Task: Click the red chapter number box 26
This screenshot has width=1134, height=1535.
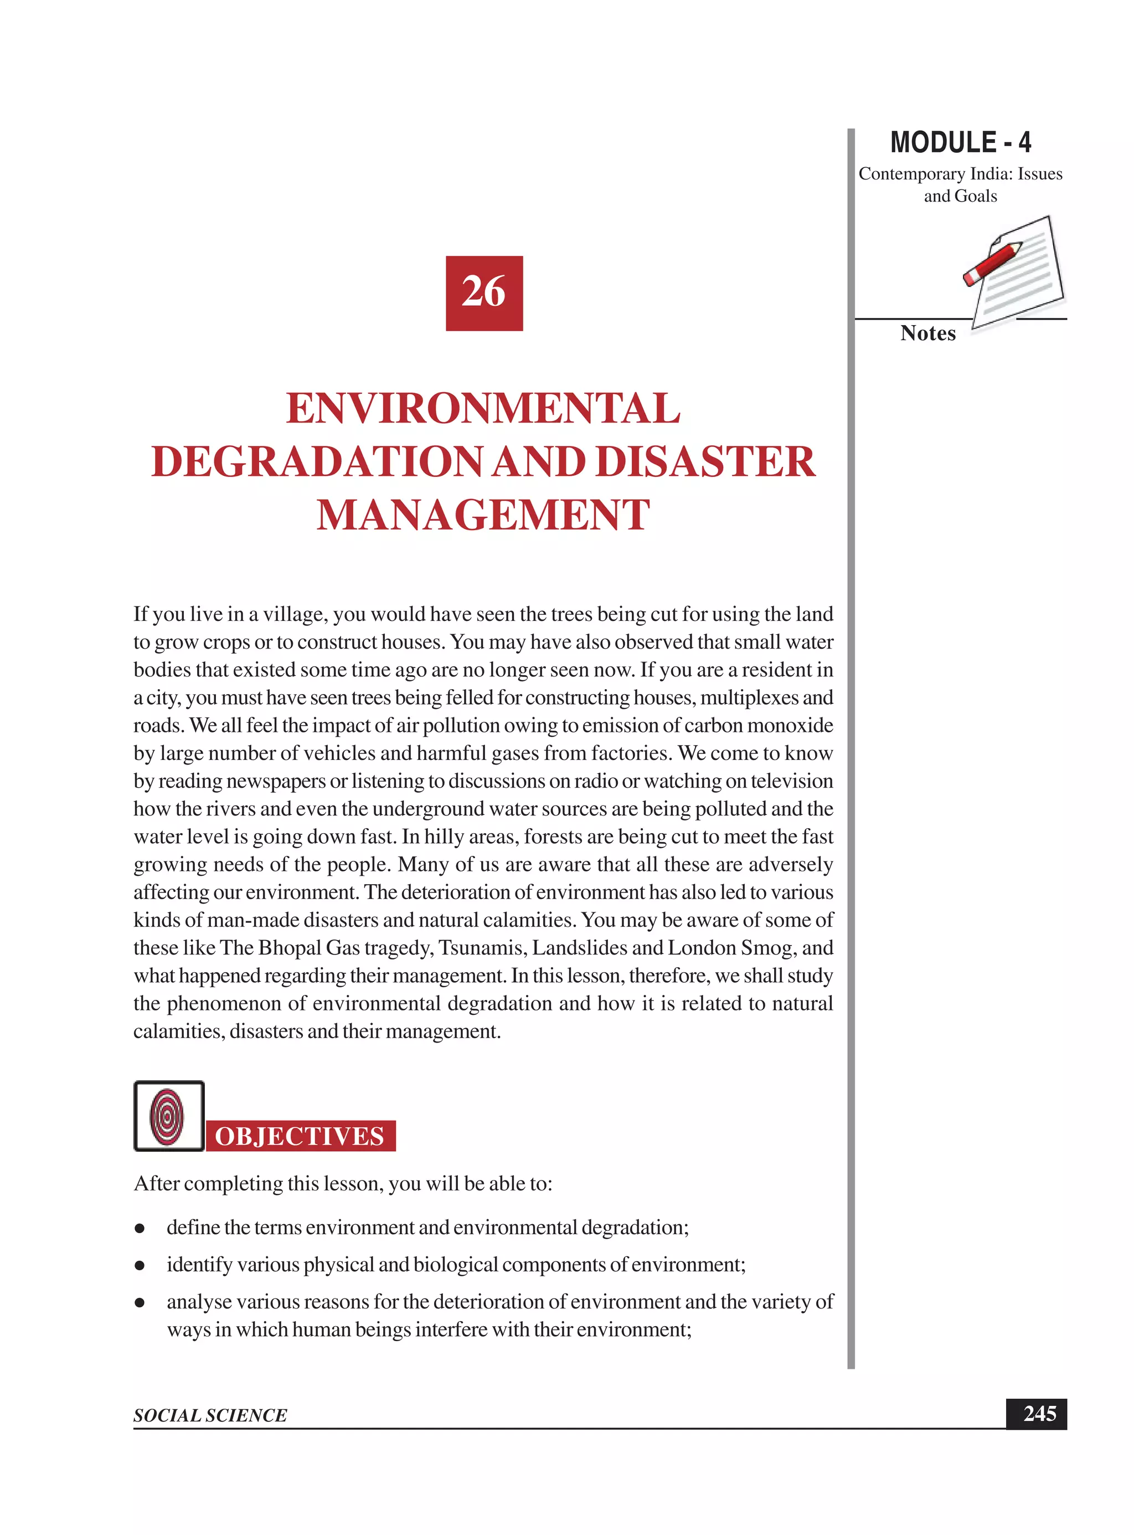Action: click(484, 293)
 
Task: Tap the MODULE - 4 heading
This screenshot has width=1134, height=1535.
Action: click(960, 143)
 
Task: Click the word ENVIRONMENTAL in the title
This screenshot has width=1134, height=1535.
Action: click(483, 409)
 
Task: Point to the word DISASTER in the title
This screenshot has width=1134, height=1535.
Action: click(705, 461)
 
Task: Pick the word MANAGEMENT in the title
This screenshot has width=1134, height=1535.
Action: click(483, 515)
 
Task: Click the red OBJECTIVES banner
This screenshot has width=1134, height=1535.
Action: click(300, 1137)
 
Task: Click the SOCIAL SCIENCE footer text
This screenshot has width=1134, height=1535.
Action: click(210, 1415)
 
